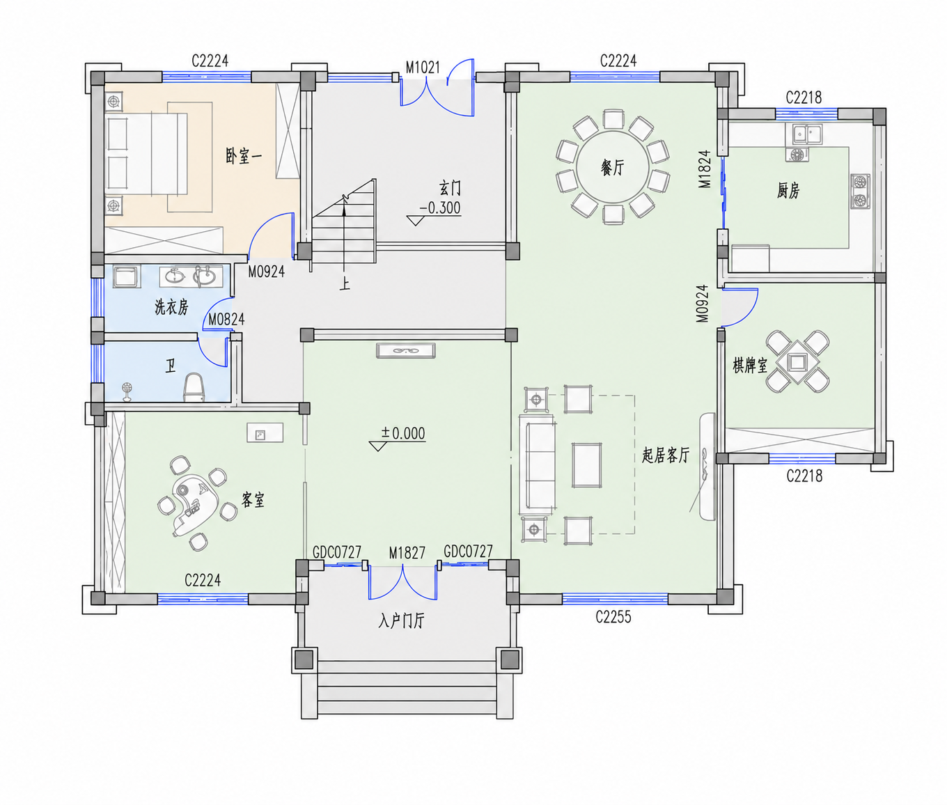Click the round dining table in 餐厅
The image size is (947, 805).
(613, 167)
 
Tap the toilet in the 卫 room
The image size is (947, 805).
(194, 388)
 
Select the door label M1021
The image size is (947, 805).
(423, 68)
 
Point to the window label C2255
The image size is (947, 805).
(613, 617)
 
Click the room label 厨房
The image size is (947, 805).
(788, 190)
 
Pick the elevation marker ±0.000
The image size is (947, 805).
(398, 437)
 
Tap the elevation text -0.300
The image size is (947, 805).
(440, 208)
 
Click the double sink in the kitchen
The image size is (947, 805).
(804, 134)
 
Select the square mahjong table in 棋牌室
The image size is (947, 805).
(797, 362)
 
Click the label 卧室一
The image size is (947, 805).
(244, 156)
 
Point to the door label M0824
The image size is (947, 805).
(226, 320)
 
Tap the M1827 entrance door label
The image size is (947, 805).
(407, 553)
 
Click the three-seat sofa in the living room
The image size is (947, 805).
(537, 464)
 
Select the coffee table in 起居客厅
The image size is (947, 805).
(586, 464)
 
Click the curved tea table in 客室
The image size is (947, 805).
(194, 503)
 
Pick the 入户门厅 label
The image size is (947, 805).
(401, 621)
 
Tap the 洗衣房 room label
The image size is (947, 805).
(171, 306)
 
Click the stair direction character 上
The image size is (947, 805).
(345, 285)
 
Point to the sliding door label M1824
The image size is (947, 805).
(705, 169)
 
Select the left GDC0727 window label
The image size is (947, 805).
(337, 552)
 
